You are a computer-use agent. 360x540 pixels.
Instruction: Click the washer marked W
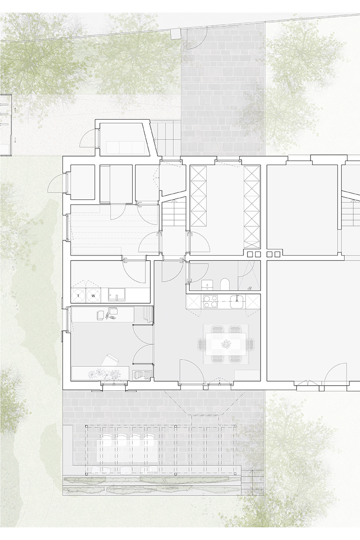(94, 295)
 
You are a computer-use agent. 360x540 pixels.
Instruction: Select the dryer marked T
(79, 295)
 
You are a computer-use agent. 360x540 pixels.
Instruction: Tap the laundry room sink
(117, 294)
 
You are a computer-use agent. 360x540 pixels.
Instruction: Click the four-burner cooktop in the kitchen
(211, 301)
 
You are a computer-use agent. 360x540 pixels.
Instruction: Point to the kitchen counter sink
(238, 302)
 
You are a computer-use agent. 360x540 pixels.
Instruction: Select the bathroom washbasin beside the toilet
(207, 285)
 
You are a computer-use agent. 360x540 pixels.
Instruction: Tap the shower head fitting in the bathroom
(250, 288)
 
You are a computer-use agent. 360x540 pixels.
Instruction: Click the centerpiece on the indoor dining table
(226, 344)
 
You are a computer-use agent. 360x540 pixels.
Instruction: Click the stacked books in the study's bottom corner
(142, 375)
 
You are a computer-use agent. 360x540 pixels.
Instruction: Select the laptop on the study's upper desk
(113, 311)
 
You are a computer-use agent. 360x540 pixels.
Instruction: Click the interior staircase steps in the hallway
(174, 214)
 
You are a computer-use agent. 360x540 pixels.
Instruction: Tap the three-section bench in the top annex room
(126, 148)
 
